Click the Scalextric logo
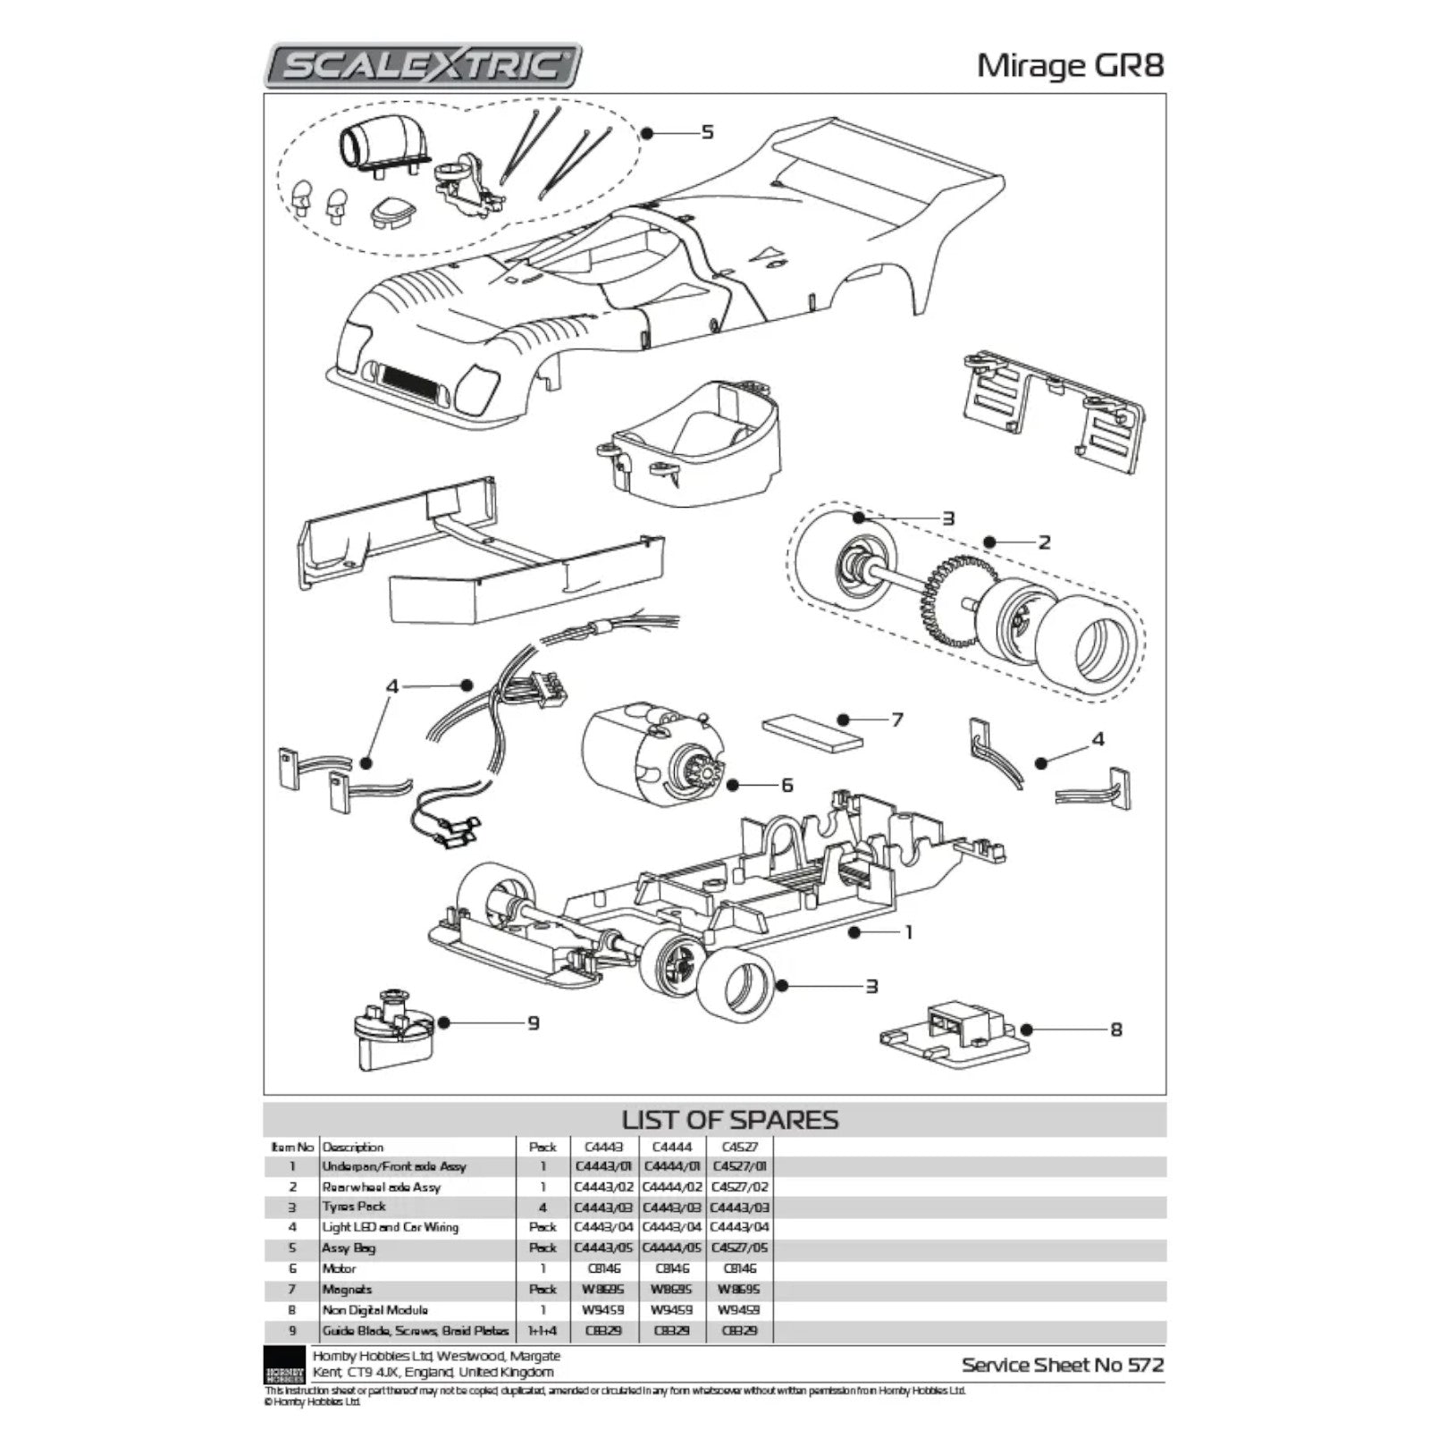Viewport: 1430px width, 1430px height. click(423, 65)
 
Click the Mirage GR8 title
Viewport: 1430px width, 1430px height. click(1070, 65)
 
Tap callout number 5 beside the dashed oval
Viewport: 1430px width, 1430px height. click(707, 132)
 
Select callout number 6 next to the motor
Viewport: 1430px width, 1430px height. click(786, 785)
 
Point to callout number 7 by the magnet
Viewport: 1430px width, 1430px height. click(896, 719)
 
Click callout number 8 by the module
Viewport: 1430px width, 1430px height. click(1115, 1030)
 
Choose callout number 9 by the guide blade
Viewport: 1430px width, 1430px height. click(533, 1022)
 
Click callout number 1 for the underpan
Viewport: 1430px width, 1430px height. click(908, 932)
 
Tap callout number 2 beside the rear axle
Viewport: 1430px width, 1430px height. click(1043, 542)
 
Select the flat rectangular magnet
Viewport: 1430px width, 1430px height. click(813, 732)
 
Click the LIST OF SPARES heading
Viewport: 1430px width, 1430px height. click(729, 1120)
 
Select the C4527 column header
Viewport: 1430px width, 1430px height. click(738, 1147)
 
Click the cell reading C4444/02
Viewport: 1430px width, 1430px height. click(672, 1187)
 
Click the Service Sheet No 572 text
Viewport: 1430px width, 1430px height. click(1063, 1365)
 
